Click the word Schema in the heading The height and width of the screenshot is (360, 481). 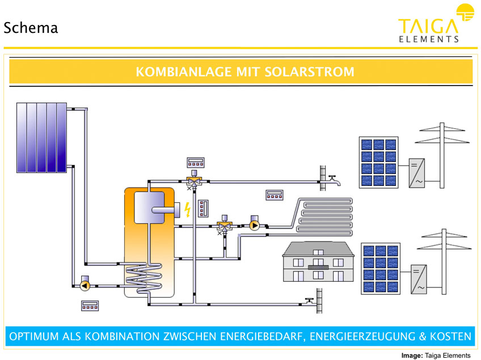(x=31, y=28)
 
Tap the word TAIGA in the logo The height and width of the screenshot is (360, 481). (x=428, y=26)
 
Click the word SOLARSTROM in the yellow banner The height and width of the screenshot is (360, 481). (x=309, y=72)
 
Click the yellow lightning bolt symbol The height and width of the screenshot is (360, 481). (x=187, y=209)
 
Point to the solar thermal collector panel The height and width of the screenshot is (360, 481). (x=41, y=138)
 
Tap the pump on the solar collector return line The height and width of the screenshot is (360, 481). (x=85, y=285)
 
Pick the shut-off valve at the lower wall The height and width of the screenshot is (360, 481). (x=309, y=301)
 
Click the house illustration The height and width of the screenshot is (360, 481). (x=318, y=261)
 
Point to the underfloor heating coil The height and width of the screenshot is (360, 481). (x=324, y=217)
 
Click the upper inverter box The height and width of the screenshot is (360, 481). (x=417, y=173)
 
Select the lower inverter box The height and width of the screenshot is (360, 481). (x=419, y=279)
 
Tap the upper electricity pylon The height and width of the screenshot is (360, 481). (x=442, y=155)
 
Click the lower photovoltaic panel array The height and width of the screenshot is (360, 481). (x=381, y=269)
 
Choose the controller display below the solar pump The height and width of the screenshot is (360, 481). (x=90, y=306)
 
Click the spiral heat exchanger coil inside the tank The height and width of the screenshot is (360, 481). (x=144, y=278)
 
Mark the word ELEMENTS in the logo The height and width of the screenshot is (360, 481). (x=429, y=39)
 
